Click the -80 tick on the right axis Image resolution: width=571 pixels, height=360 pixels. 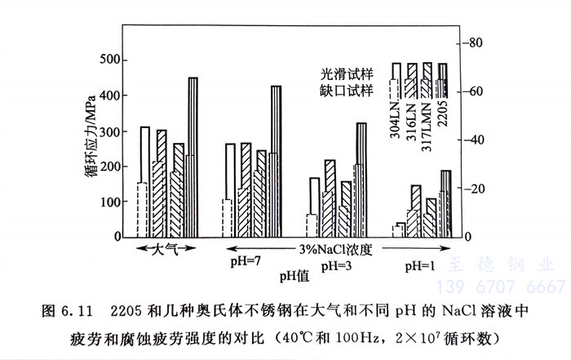click(x=475, y=42)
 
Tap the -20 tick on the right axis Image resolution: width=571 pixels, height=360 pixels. click(x=475, y=189)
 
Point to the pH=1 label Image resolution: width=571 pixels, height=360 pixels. click(x=423, y=265)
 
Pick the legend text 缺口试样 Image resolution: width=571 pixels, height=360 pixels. click(x=347, y=88)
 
